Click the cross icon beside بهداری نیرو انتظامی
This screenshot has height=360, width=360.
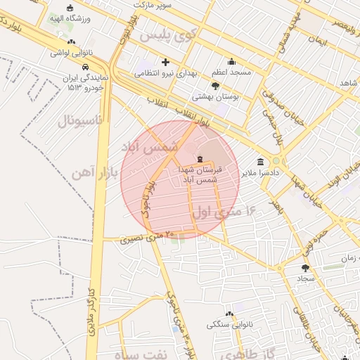pyautogui.click(x=165, y=62)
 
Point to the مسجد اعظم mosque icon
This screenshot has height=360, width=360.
pyautogui.click(x=231, y=62)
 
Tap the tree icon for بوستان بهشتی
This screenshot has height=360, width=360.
pyautogui.click(x=215, y=86)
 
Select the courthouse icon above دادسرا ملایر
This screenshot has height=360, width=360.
pyautogui.click(x=260, y=161)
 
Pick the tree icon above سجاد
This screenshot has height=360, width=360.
pyautogui.click(x=305, y=268)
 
